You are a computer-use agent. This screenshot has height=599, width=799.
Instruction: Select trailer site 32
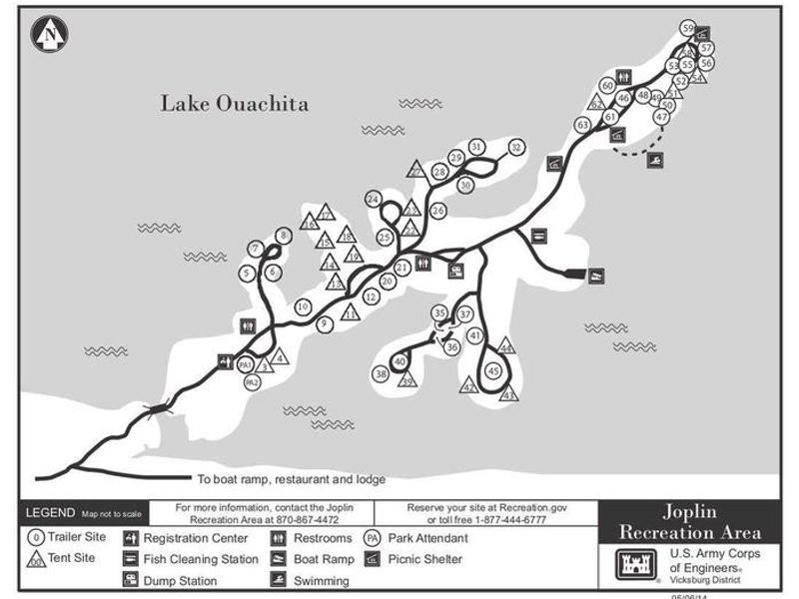(515, 148)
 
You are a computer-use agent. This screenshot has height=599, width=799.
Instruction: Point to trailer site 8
(284, 236)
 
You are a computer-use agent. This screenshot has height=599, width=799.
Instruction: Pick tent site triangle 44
(506, 347)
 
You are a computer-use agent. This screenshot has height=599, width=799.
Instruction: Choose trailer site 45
(493, 370)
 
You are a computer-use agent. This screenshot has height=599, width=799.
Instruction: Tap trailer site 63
(582, 125)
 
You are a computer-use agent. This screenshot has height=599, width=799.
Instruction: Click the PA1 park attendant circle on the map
(247, 366)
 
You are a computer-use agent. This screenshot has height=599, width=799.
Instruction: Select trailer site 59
(687, 28)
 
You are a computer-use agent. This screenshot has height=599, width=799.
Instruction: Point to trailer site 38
(381, 373)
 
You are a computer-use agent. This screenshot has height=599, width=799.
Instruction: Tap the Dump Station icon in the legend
(131, 579)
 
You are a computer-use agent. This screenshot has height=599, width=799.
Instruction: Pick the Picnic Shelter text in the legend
(424, 559)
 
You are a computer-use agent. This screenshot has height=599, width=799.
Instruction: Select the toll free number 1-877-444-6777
(528, 520)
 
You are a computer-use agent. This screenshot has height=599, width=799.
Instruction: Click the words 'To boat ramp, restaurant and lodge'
(291, 478)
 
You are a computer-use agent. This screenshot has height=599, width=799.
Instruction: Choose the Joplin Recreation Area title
(690, 520)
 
